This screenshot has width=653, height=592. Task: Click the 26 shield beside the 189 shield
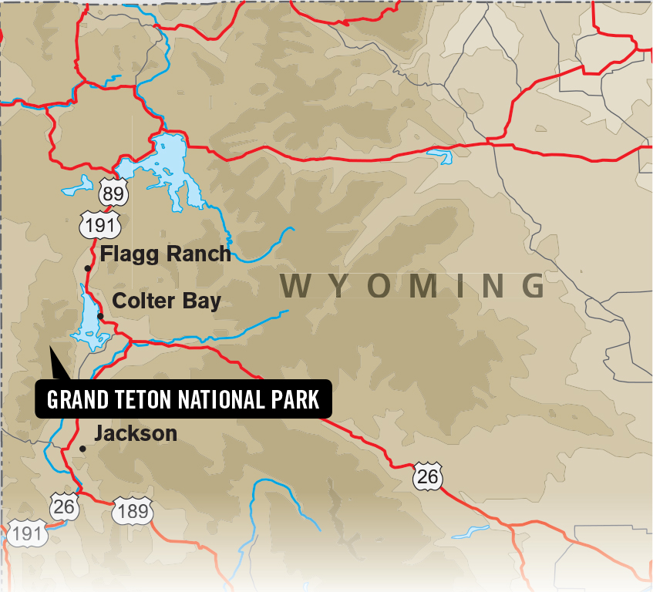click(x=65, y=506)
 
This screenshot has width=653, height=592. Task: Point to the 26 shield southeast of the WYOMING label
click(x=428, y=476)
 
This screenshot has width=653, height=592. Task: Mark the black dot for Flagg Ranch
click(x=88, y=268)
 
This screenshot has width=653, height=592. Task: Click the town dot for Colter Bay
click(x=100, y=315)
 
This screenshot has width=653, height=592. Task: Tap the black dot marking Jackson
click(x=82, y=449)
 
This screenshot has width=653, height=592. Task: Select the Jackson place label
click(x=136, y=434)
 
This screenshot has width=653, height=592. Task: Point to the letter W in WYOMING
click(x=296, y=287)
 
